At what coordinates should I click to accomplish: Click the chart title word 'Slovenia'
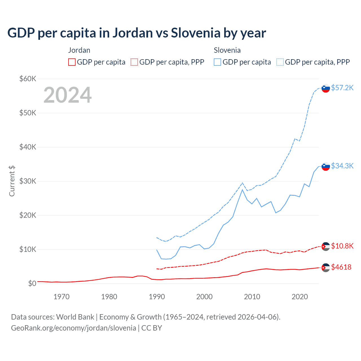tap(195, 33)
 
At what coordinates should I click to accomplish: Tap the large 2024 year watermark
tap(67, 95)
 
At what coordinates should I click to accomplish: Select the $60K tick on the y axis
tap(28, 79)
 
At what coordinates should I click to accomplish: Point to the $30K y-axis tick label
tap(28, 181)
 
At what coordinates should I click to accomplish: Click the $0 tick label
tap(32, 283)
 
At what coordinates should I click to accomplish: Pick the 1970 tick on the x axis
tap(61, 297)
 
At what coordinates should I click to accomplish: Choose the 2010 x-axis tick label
tap(252, 297)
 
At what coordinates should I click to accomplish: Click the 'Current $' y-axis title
tap(12, 181)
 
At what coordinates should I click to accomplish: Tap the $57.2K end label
tap(342, 88)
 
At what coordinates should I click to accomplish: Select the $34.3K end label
tap(342, 166)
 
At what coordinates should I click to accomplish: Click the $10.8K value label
tap(342, 246)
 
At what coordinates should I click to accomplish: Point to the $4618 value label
tap(341, 267)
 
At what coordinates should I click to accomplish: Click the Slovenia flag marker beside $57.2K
tap(326, 88)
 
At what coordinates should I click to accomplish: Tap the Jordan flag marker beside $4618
tap(326, 268)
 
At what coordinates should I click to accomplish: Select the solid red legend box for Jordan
tap(72, 62)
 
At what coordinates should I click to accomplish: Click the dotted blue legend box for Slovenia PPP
tap(280, 62)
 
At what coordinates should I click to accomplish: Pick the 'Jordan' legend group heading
tap(79, 50)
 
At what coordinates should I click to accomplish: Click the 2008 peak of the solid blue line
tap(242, 190)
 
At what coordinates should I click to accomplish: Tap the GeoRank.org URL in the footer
tap(73, 328)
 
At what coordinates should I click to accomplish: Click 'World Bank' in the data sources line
tap(75, 317)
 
